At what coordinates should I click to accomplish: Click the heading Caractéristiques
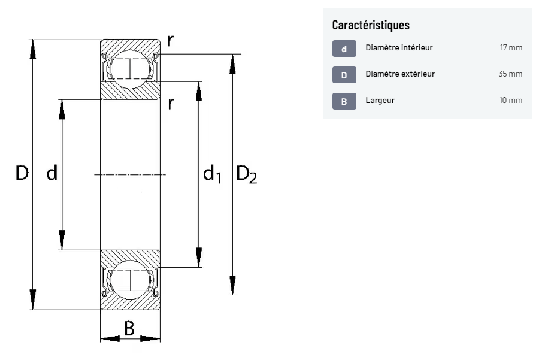pos(371,25)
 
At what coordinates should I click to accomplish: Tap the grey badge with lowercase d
pos(344,49)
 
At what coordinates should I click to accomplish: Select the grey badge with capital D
pos(344,75)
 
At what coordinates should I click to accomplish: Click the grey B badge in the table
pos(344,101)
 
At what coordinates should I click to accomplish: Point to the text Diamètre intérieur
pos(399,47)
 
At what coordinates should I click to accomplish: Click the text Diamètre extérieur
pos(400,74)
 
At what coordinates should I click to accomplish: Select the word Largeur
pos(380,101)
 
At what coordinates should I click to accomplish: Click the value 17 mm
pos(511,47)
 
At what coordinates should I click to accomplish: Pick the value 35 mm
pos(510,74)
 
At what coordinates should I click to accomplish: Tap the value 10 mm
pos(511,101)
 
